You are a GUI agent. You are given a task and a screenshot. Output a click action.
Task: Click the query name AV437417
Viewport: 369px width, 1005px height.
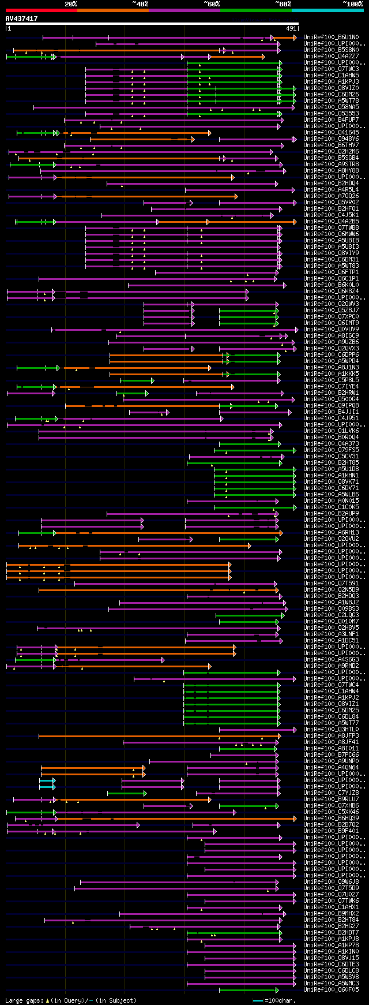22,19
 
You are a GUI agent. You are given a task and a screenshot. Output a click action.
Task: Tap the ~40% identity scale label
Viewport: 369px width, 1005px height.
140,4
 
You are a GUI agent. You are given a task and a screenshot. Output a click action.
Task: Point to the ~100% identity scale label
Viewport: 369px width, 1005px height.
353,4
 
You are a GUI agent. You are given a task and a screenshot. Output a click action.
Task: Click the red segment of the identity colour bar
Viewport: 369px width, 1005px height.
41,10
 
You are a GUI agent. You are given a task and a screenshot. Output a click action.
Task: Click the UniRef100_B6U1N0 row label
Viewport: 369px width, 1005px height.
331,38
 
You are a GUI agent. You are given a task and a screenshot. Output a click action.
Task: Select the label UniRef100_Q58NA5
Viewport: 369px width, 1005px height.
331,107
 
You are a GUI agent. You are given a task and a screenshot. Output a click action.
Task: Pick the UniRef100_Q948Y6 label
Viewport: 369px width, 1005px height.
331,139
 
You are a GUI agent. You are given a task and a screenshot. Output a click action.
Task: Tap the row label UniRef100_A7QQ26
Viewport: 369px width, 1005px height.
331,196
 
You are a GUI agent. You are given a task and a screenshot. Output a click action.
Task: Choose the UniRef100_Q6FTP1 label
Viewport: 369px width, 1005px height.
331,272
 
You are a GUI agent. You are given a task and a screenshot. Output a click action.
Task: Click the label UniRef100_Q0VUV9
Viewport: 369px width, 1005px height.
331,330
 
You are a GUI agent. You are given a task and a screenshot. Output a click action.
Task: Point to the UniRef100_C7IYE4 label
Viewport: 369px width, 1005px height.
331,387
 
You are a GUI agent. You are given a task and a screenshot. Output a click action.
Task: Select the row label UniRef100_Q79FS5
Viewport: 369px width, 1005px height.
331,450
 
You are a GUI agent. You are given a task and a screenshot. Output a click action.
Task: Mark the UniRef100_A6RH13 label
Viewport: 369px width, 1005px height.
331,533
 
